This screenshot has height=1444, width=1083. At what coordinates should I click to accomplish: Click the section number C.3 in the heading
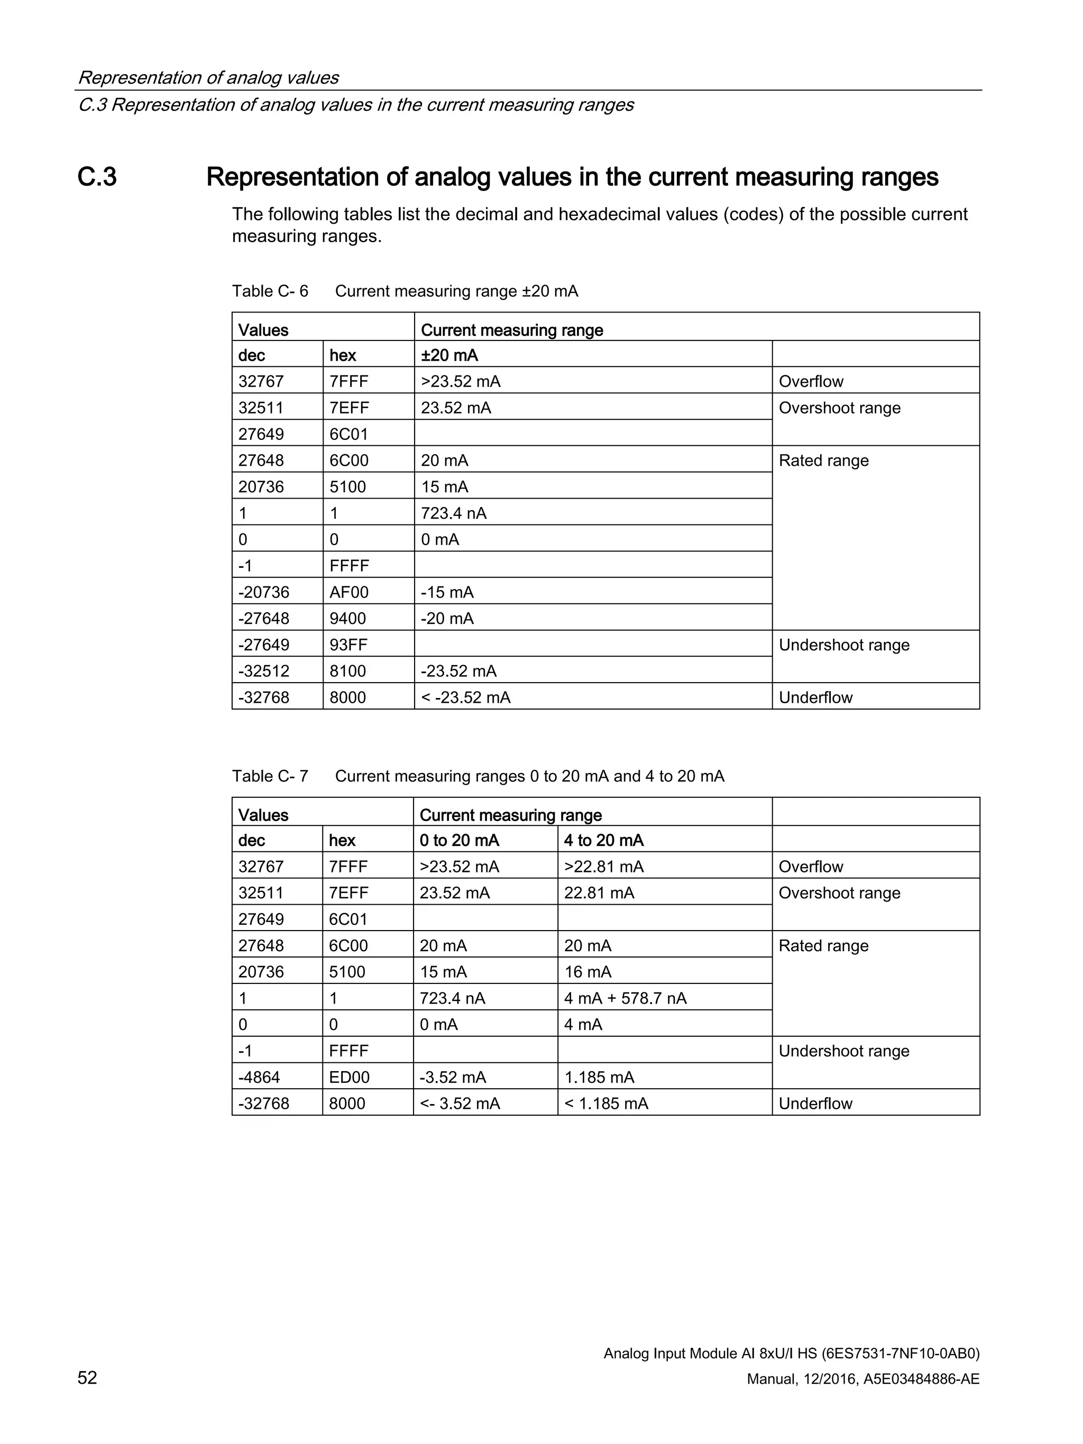tap(97, 177)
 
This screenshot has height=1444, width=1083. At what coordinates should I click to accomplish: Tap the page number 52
tap(87, 1377)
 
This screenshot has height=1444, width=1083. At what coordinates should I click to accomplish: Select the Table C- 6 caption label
tap(270, 291)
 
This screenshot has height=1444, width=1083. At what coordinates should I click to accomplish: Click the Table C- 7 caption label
tap(270, 776)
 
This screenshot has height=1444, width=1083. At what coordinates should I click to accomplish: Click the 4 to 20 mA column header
tap(603, 840)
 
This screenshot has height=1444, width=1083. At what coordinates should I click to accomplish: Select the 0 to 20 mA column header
tap(459, 840)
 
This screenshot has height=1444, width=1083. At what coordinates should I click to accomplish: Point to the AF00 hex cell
tap(348, 592)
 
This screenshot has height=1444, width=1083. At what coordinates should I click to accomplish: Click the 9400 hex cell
tap(347, 618)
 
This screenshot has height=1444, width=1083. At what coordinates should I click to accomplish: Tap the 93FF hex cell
tap(348, 645)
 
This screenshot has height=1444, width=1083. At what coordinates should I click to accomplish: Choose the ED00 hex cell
tap(348, 1077)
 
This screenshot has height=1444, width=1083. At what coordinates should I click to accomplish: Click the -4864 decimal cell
tap(259, 1077)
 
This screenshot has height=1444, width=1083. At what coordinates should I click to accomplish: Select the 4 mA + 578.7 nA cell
tap(625, 998)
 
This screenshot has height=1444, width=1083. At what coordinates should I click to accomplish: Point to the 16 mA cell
tap(588, 972)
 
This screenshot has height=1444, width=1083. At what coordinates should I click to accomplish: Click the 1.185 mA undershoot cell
tap(599, 1077)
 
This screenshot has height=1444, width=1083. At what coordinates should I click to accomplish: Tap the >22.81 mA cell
tap(603, 867)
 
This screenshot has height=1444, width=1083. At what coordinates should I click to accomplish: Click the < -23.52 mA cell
tap(465, 697)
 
